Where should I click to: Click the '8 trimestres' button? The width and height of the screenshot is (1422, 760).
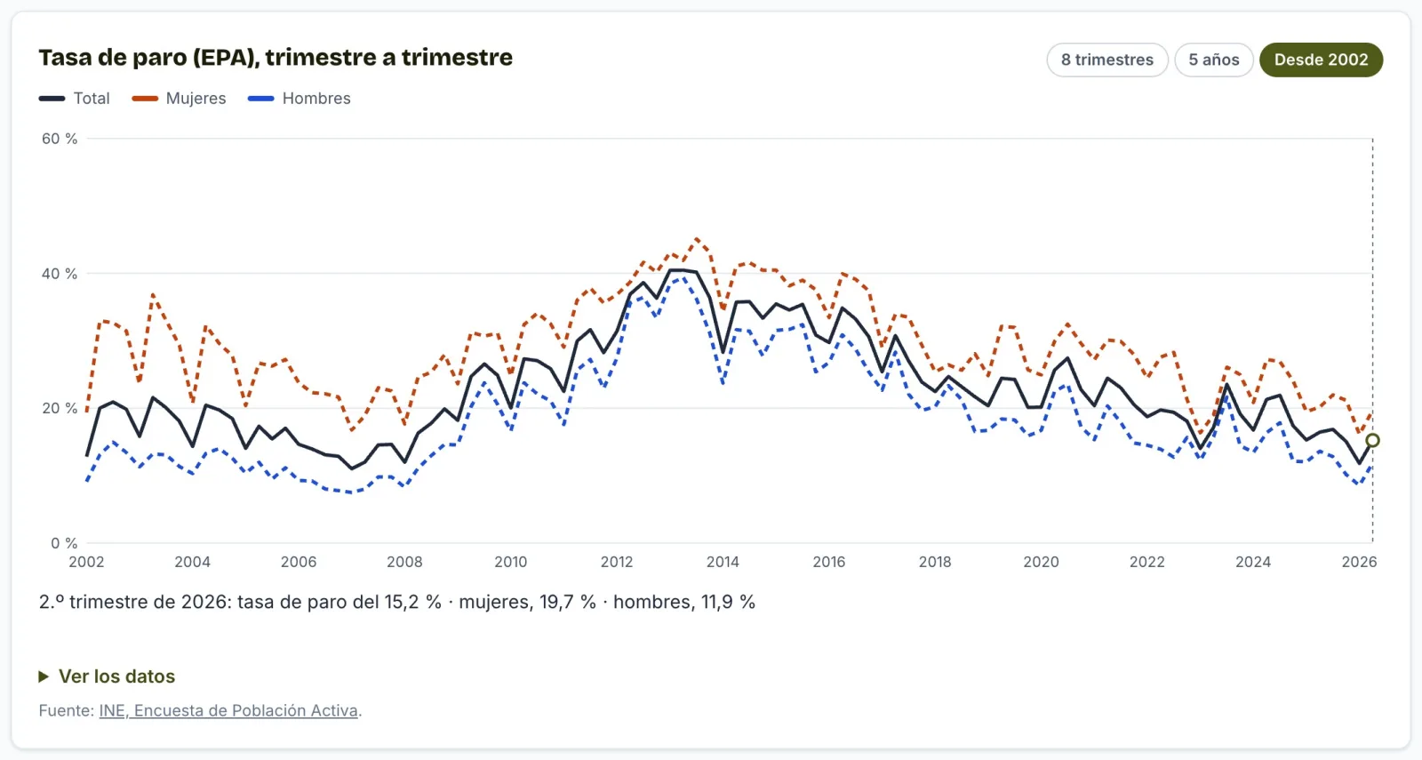click(x=1107, y=60)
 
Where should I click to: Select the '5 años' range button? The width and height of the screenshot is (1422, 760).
click(x=1214, y=60)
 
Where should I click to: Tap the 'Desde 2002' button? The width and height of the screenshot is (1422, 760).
click(x=1321, y=60)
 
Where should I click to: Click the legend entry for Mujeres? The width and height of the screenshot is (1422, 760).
click(x=179, y=99)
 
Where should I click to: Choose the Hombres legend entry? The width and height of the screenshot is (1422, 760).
click(x=299, y=99)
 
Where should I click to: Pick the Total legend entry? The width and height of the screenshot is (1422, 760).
click(x=75, y=99)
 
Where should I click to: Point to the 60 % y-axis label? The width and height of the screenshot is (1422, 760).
click(x=60, y=139)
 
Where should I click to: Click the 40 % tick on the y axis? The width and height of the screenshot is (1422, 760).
click(x=60, y=274)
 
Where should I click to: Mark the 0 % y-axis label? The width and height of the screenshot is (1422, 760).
click(x=64, y=543)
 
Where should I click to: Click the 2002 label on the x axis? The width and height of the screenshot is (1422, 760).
click(x=86, y=562)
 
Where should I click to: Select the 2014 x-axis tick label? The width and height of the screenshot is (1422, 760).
click(x=723, y=562)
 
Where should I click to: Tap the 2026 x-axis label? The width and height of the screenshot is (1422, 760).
click(x=1359, y=562)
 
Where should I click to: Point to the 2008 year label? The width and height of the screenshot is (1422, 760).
click(x=404, y=562)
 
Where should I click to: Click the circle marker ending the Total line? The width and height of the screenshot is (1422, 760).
click(x=1372, y=440)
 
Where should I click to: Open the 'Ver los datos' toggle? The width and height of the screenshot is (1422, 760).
click(x=107, y=676)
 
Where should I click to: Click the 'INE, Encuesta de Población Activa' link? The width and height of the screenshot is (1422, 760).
click(x=228, y=710)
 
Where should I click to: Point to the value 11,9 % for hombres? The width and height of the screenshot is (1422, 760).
click(x=728, y=602)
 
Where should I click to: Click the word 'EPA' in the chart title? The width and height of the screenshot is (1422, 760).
click(x=224, y=57)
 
